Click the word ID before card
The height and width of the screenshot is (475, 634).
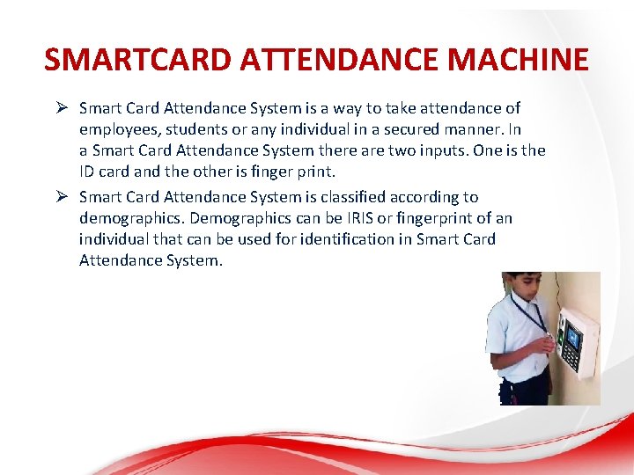pyautogui.click(x=88, y=172)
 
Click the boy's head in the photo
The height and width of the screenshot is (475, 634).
pyautogui.click(x=517, y=288)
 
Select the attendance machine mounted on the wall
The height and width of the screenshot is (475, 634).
pyautogui.click(x=578, y=341)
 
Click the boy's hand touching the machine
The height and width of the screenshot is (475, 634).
pyautogui.click(x=547, y=344)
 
